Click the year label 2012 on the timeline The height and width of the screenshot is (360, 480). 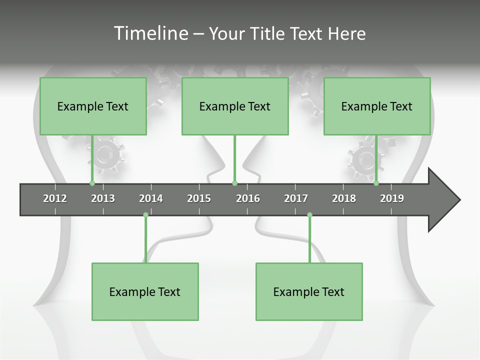(55, 198)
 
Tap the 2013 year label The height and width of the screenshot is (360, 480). (103, 198)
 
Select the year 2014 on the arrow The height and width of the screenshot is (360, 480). (151, 198)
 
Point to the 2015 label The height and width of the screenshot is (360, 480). (199, 198)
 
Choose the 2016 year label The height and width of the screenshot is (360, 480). (248, 198)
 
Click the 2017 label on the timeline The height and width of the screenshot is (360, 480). (296, 198)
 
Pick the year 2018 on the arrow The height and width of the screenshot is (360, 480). (344, 198)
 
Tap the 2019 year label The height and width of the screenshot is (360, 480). (392, 198)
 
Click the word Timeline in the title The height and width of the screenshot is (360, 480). (149, 33)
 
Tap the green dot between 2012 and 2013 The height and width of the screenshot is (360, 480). (92, 183)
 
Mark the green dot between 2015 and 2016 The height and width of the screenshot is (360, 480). (234, 183)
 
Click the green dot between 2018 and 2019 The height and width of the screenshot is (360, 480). (376, 183)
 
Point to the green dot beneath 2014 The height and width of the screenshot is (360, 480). (145, 215)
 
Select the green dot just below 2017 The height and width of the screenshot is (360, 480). (309, 215)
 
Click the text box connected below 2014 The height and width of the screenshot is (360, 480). (145, 291)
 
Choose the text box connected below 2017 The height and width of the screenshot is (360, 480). (309, 291)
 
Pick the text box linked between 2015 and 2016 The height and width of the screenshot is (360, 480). (235, 106)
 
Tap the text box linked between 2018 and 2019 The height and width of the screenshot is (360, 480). (377, 106)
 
